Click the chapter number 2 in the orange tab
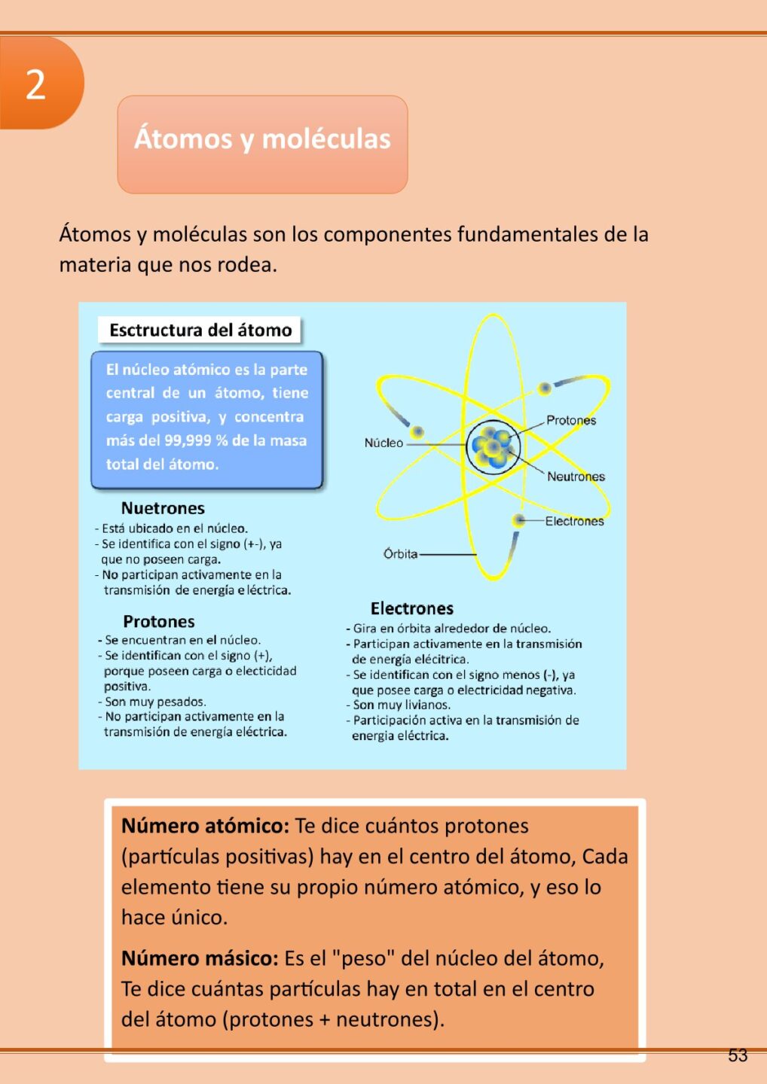click(35, 84)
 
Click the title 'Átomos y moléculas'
click(262, 139)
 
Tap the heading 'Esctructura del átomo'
click(200, 330)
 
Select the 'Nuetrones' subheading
click(163, 508)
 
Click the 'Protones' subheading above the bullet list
click(159, 622)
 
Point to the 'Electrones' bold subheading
click(411, 608)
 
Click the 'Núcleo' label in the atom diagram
click(383, 443)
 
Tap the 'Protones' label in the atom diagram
click(570, 420)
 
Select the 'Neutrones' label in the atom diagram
click(576, 477)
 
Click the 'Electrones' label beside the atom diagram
click(574, 521)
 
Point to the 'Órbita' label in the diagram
click(400, 554)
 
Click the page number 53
click(738, 1055)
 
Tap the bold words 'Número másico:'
click(200, 958)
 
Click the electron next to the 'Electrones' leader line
click(518, 520)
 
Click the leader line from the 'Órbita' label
click(448, 554)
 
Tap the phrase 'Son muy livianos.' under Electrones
click(402, 705)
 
